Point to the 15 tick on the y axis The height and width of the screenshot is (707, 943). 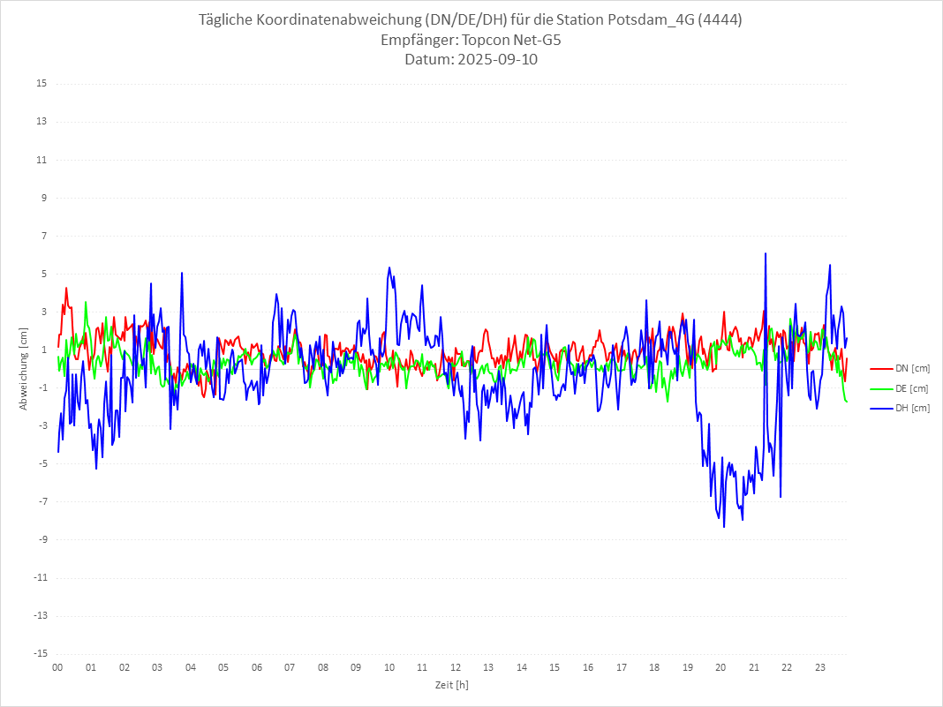point(41,84)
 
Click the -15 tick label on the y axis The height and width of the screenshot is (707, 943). point(39,654)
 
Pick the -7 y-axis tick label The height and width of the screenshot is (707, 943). point(41,502)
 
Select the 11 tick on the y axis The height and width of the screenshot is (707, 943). point(41,160)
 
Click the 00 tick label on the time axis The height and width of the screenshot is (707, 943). point(57,668)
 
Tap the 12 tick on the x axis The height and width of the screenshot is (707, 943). point(456,668)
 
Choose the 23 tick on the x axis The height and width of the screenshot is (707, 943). point(820,668)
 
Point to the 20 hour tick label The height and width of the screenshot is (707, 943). point(720,668)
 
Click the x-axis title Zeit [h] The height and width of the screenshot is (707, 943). point(451,685)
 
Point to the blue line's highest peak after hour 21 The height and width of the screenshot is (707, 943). point(766,253)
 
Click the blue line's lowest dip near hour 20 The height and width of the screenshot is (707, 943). point(724,527)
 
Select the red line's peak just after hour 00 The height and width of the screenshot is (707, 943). point(65,288)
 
